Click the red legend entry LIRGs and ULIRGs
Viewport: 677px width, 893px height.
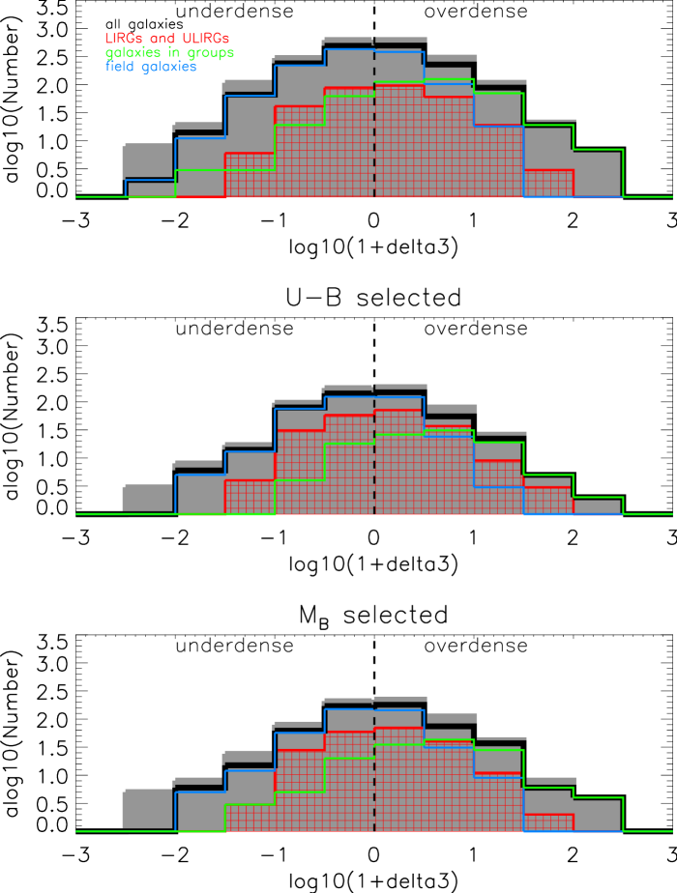point(166,39)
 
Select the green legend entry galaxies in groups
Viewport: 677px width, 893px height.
point(169,53)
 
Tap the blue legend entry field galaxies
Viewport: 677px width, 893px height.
point(151,67)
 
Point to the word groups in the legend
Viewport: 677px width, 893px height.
point(213,53)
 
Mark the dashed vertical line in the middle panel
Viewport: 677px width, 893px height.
point(374,464)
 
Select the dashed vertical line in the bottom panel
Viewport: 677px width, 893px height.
point(374,783)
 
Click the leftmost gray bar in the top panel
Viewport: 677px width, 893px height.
point(149,164)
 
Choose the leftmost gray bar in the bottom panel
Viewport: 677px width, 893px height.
point(149,809)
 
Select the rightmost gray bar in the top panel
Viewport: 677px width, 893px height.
point(597,175)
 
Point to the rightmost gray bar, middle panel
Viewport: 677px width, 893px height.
point(597,505)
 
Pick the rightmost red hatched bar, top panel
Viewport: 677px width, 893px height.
point(547,184)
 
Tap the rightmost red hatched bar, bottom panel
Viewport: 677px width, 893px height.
point(547,822)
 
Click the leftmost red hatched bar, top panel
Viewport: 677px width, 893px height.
point(250,176)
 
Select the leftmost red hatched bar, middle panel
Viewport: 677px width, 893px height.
point(250,497)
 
